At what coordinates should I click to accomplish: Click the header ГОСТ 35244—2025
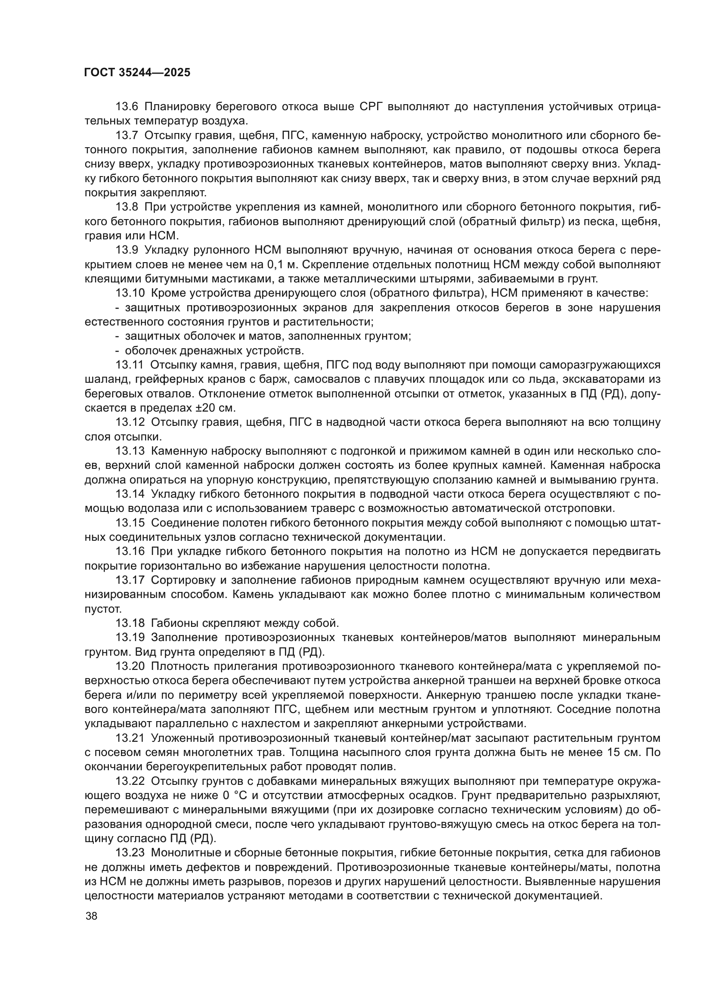[x=137, y=73]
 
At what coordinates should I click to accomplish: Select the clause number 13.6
[x=127, y=107]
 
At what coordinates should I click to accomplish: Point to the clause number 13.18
[x=130, y=623]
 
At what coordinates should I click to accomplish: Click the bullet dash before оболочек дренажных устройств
[x=117, y=351]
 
